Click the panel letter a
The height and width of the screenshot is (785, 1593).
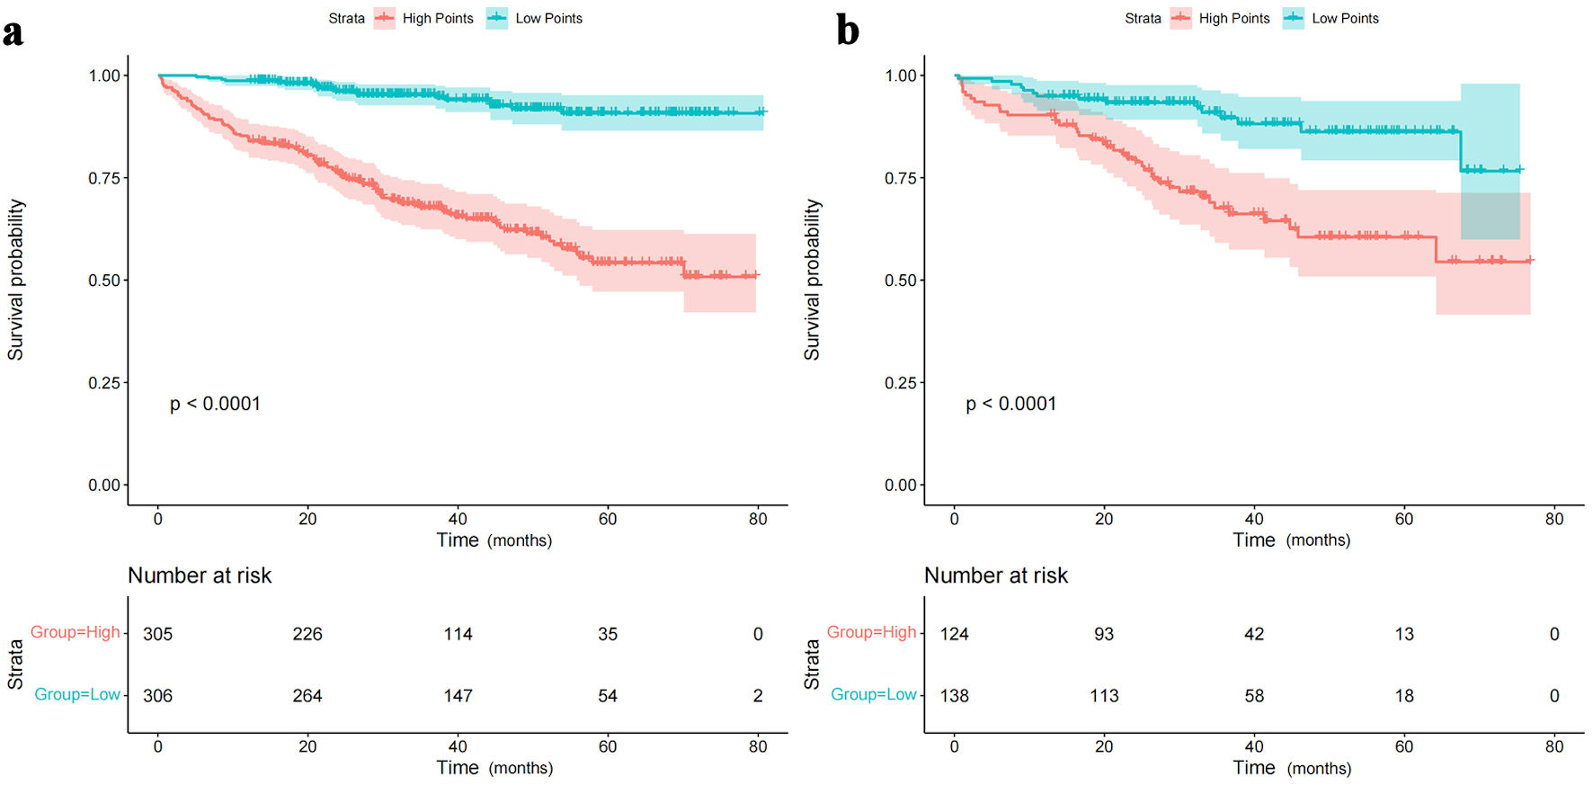(x=13, y=32)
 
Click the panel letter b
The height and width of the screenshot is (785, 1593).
(x=847, y=31)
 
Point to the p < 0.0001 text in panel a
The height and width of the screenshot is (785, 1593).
(x=215, y=404)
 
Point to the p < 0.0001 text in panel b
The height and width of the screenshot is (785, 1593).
(x=1010, y=404)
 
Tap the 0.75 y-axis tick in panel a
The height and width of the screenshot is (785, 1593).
(x=104, y=178)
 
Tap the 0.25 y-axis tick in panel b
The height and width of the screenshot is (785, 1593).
(x=901, y=383)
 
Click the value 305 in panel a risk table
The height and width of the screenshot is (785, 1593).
(x=157, y=634)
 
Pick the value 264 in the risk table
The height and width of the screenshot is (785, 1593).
(x=307, y=696)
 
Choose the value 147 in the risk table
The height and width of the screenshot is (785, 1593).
(x=458, y=696)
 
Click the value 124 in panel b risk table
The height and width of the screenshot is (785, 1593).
(x=954, y=634)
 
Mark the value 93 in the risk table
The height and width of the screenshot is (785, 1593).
(x=1104, y=634)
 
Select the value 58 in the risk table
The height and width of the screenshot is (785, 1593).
(x=1254, y=696)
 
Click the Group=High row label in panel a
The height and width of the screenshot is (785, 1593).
(x=76, y=632)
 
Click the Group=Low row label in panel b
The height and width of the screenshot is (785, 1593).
(x=873, y=694)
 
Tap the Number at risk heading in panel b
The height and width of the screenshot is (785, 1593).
(x=996, y=575)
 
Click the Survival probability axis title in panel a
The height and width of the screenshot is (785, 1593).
(x=16, y=280)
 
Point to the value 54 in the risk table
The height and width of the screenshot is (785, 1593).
(x=608, y=696)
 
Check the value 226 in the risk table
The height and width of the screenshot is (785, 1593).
(x=307, y=634)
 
